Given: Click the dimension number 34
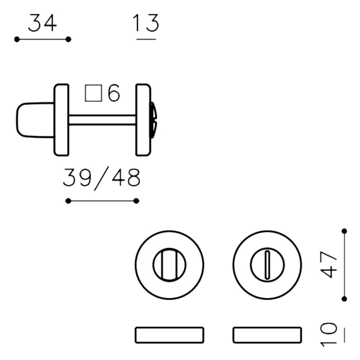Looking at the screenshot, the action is point(42,23).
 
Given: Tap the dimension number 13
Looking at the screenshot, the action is point(146,23).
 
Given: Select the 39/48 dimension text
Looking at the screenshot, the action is point(102,178).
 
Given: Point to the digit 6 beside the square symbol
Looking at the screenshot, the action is point(114,93).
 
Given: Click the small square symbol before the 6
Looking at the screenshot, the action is point(93,93).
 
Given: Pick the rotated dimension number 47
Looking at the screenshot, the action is point(329,265).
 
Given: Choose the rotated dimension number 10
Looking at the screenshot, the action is point(329,334).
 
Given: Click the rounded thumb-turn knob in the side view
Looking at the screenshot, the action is point(35,120).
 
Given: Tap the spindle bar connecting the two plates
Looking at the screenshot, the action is point(103,120).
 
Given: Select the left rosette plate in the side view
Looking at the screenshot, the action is point(61,120).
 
